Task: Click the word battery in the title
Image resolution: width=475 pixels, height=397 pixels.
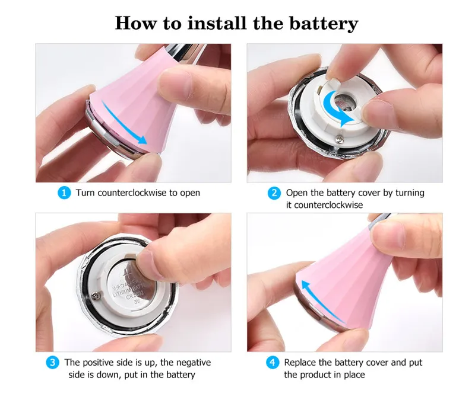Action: coord(324,23)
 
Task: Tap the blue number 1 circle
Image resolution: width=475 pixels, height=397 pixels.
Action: coord(64,193)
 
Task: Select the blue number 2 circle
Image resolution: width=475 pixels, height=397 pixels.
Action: coord(274,193)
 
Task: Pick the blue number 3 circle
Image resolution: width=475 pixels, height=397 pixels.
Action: coord(52,362)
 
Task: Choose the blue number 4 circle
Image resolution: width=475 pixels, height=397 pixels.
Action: coord(273,362)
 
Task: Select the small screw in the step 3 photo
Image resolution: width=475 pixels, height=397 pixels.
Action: coord(96,295)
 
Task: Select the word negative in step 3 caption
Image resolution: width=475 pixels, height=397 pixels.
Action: coord(194,363)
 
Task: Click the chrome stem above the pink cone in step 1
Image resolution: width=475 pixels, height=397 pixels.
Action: coord(185,53)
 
